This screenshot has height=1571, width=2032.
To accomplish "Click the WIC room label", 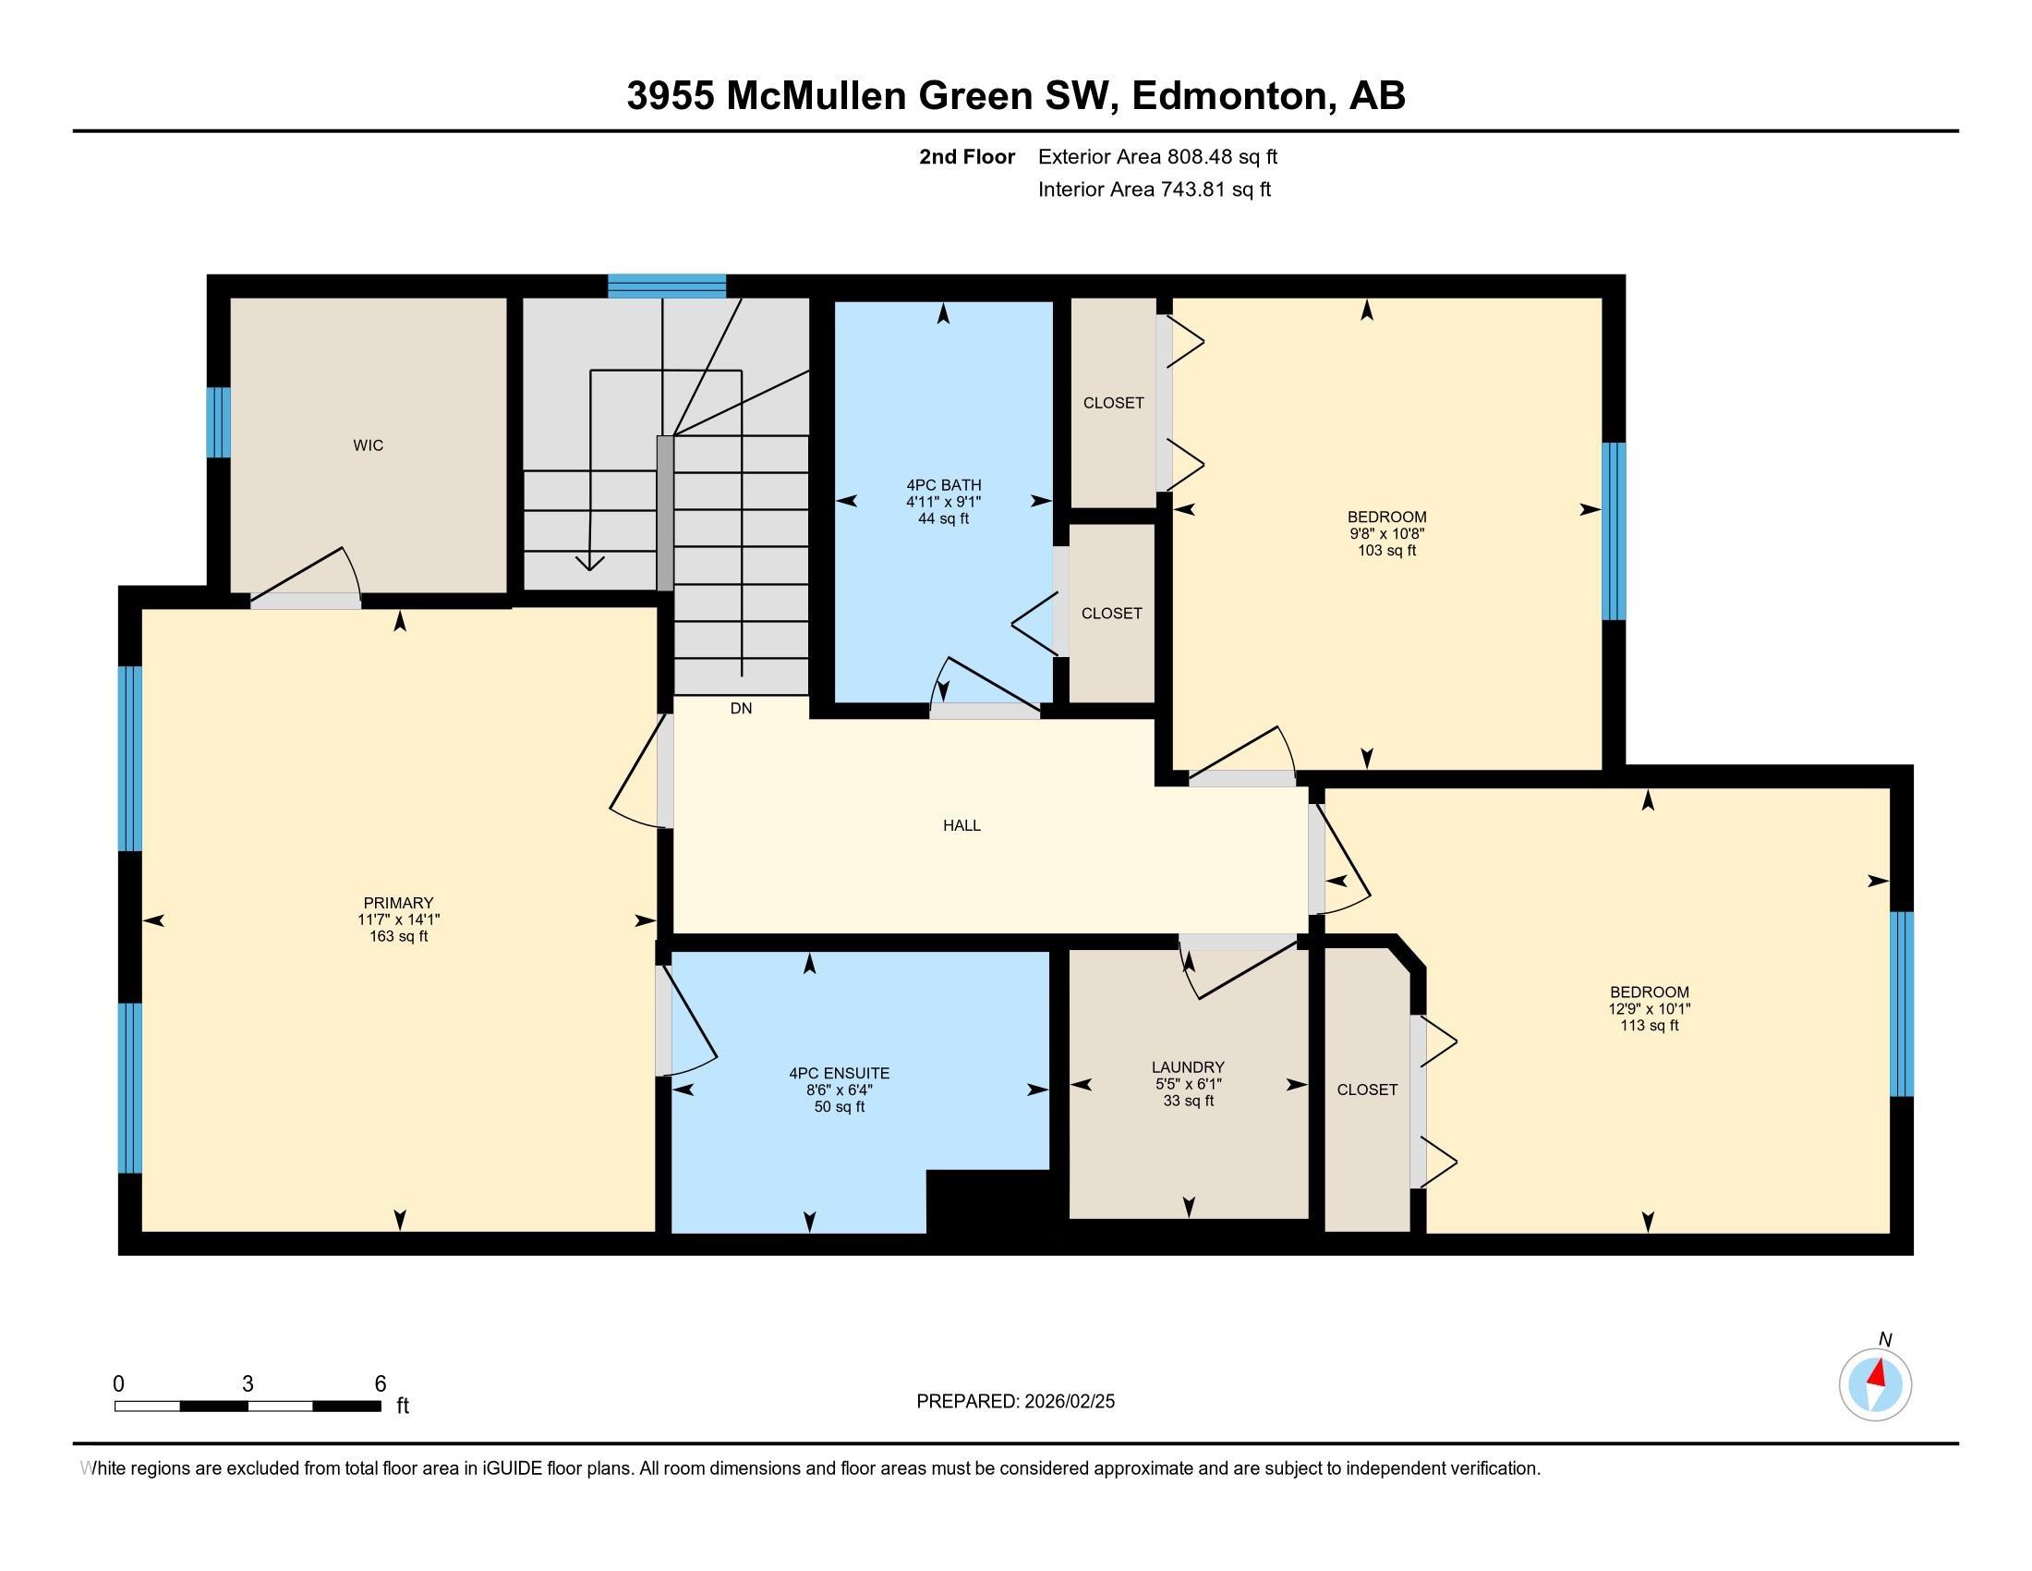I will [368, 445].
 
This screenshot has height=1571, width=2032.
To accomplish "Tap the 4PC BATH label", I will [942, 485].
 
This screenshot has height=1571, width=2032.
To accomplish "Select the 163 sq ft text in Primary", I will [398, 936].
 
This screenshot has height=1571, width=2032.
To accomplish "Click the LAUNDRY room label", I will [1187, 1067].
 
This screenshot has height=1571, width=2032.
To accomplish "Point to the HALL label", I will [962, 825].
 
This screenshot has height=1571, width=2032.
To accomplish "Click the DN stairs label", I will [741, 708].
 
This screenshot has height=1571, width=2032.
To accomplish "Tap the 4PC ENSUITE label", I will [839, 1073].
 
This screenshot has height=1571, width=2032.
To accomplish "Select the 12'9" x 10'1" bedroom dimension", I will [1649, 1009].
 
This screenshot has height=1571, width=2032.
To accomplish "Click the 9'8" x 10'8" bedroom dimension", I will [1386, 533].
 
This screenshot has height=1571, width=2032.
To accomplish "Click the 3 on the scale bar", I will [248, 1384].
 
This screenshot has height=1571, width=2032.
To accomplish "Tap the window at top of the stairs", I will [666, 286].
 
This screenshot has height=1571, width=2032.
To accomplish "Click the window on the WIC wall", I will [218, 422].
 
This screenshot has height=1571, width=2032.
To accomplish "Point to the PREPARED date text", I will [1015, 1402].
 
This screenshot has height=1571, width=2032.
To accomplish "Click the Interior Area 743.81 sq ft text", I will [1154, 189].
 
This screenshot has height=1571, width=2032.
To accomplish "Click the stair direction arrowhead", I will [590, 563].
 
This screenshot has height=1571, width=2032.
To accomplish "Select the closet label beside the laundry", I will [1367, 1090].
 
